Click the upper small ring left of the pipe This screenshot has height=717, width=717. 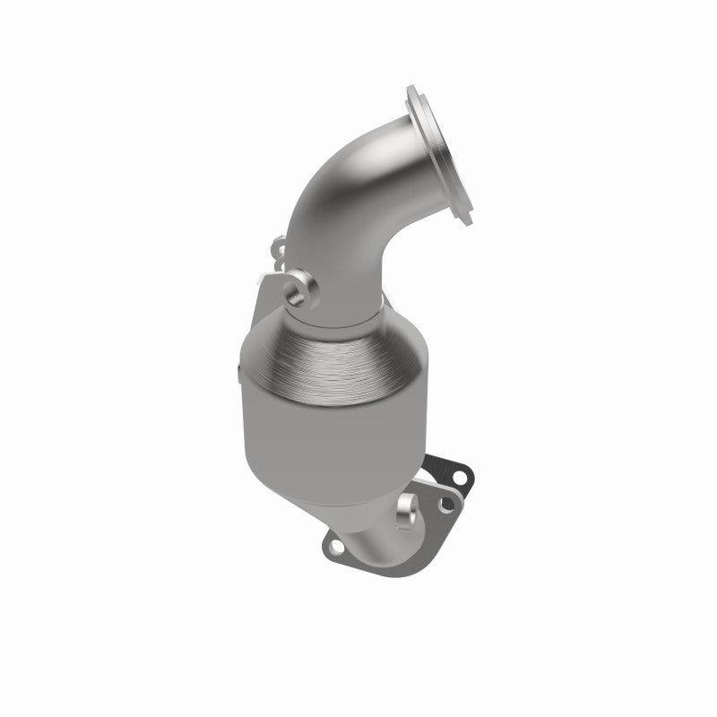click(279, 244)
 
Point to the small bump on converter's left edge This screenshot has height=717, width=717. click(238, 368)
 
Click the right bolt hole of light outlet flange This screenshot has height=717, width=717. click(442, 507)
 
